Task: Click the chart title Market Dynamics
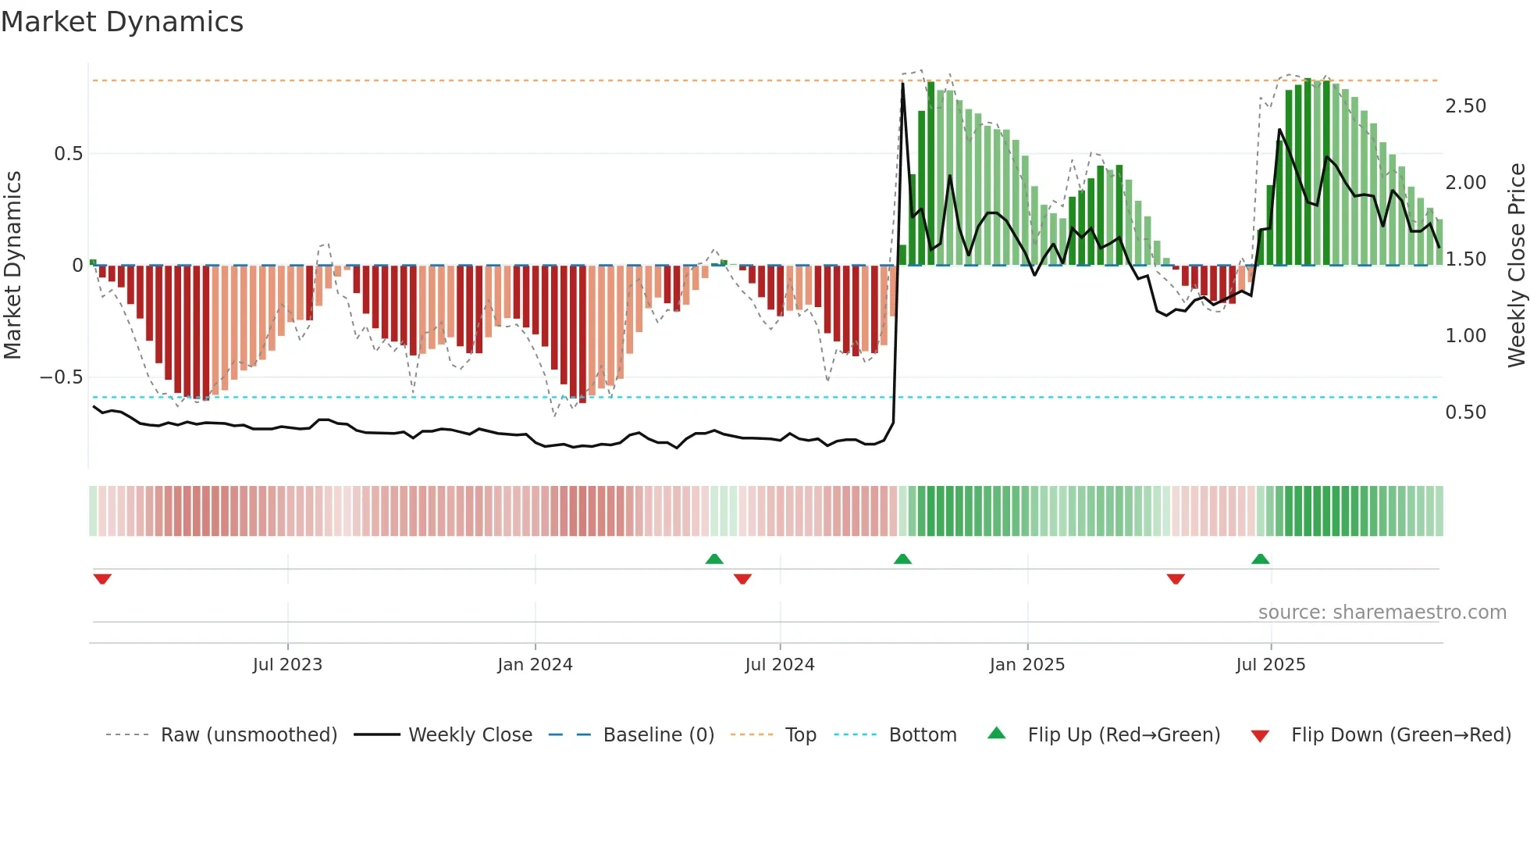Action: (x=122, y=22)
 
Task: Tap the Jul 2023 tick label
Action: (x=287, y=665)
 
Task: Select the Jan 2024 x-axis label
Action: (x=535, y=665)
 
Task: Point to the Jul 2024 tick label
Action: (x=780, y=665)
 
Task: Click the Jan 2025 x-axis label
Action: (x=1027, y=665)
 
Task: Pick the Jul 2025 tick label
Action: (x=1270, y=665)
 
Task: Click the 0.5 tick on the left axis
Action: (x=69, y=154)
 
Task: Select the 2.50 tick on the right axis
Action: (x=1465, y=106)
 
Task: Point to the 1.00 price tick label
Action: (x=1465, y=336)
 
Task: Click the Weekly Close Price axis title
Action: (x=1516, y=265)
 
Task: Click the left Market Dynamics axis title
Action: (x=12, y=265)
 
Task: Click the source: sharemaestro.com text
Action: (x=1382, y=613)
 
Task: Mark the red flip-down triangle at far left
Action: (x=102, y=579)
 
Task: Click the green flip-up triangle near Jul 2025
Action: (x=1260, y=559)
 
